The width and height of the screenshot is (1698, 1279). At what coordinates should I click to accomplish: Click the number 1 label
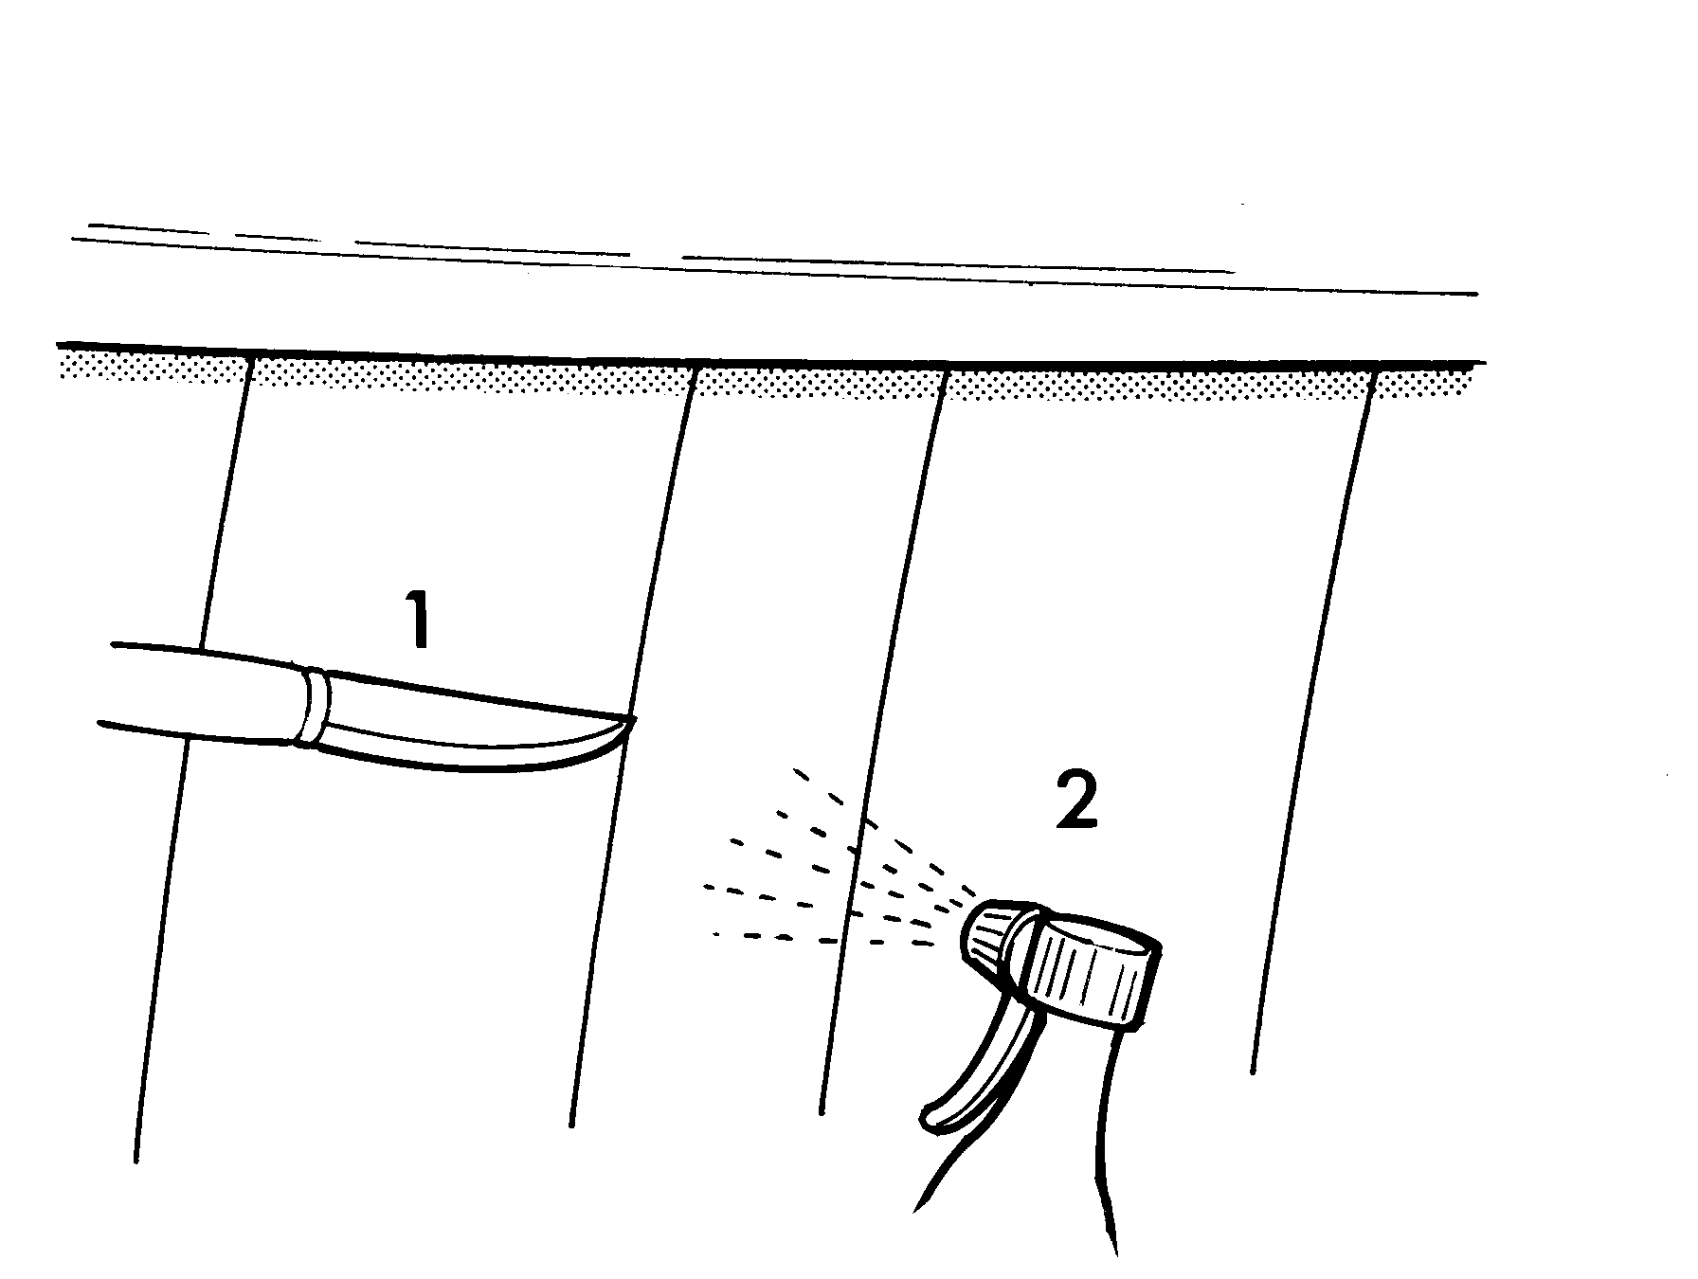click(419, 620)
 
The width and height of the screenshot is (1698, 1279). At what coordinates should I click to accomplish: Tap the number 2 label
click(1076, 802)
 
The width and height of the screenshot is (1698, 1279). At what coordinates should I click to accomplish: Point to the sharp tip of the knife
click(633, 718)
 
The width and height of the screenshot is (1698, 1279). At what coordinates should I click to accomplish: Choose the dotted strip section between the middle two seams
click(821, 378)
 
